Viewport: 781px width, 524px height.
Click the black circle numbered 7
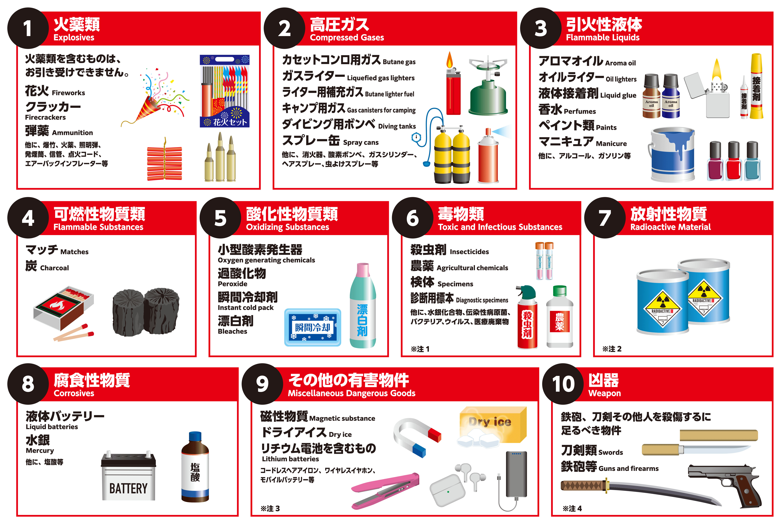click(605, 218)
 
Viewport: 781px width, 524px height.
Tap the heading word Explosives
click(74, 37)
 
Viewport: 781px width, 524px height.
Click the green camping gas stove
click(488, 87)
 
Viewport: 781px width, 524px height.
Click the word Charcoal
click(54, 268)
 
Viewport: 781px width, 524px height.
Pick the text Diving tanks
click(397, 126)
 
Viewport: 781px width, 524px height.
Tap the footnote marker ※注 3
click(270, 509)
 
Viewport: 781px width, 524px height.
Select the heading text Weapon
click(604, 393)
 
